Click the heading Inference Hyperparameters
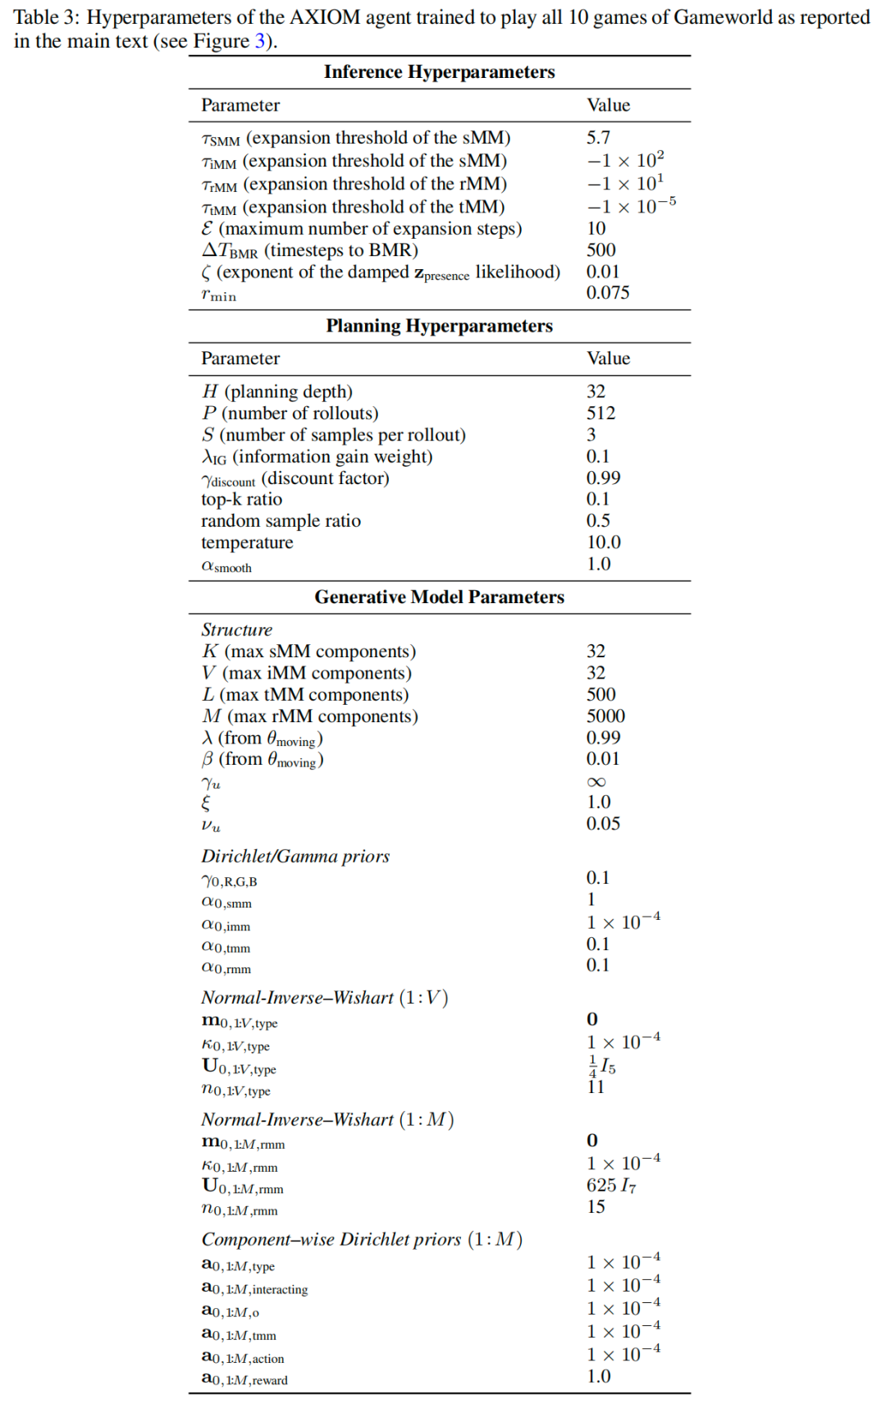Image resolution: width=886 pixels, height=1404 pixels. coord(439,72)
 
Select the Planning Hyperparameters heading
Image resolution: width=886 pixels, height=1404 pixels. coord(439,326)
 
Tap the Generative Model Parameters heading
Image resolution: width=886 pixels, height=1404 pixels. coord(439,597)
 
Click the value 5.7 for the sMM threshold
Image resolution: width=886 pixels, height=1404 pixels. coord(598,137)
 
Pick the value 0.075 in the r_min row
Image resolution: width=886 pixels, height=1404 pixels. coord(608,292)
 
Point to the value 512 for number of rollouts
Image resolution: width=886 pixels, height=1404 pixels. coord(601,413)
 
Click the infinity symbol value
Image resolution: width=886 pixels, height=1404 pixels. coord(596,781)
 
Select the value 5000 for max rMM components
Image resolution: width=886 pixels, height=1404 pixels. coord(605,716)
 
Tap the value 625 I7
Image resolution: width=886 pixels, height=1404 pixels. coord(611,1185)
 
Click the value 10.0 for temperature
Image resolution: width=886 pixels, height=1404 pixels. coord(604,542)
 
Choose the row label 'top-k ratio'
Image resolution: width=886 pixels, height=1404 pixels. coord(241,499)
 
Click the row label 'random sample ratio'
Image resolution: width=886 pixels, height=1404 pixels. coord(281,520)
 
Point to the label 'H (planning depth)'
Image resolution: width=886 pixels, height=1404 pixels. coord(276,391)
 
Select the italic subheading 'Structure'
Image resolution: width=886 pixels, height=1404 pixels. coord(236,629)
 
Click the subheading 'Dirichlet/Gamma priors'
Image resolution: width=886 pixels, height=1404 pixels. coord(295,856)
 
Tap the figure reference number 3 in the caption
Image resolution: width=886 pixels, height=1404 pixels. coord(259,41)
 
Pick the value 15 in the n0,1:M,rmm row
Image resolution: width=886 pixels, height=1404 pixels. coord(596,1206)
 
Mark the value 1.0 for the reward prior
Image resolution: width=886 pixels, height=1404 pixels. coord(599,1376)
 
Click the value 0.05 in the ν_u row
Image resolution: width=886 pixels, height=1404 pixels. coord(603,823)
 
